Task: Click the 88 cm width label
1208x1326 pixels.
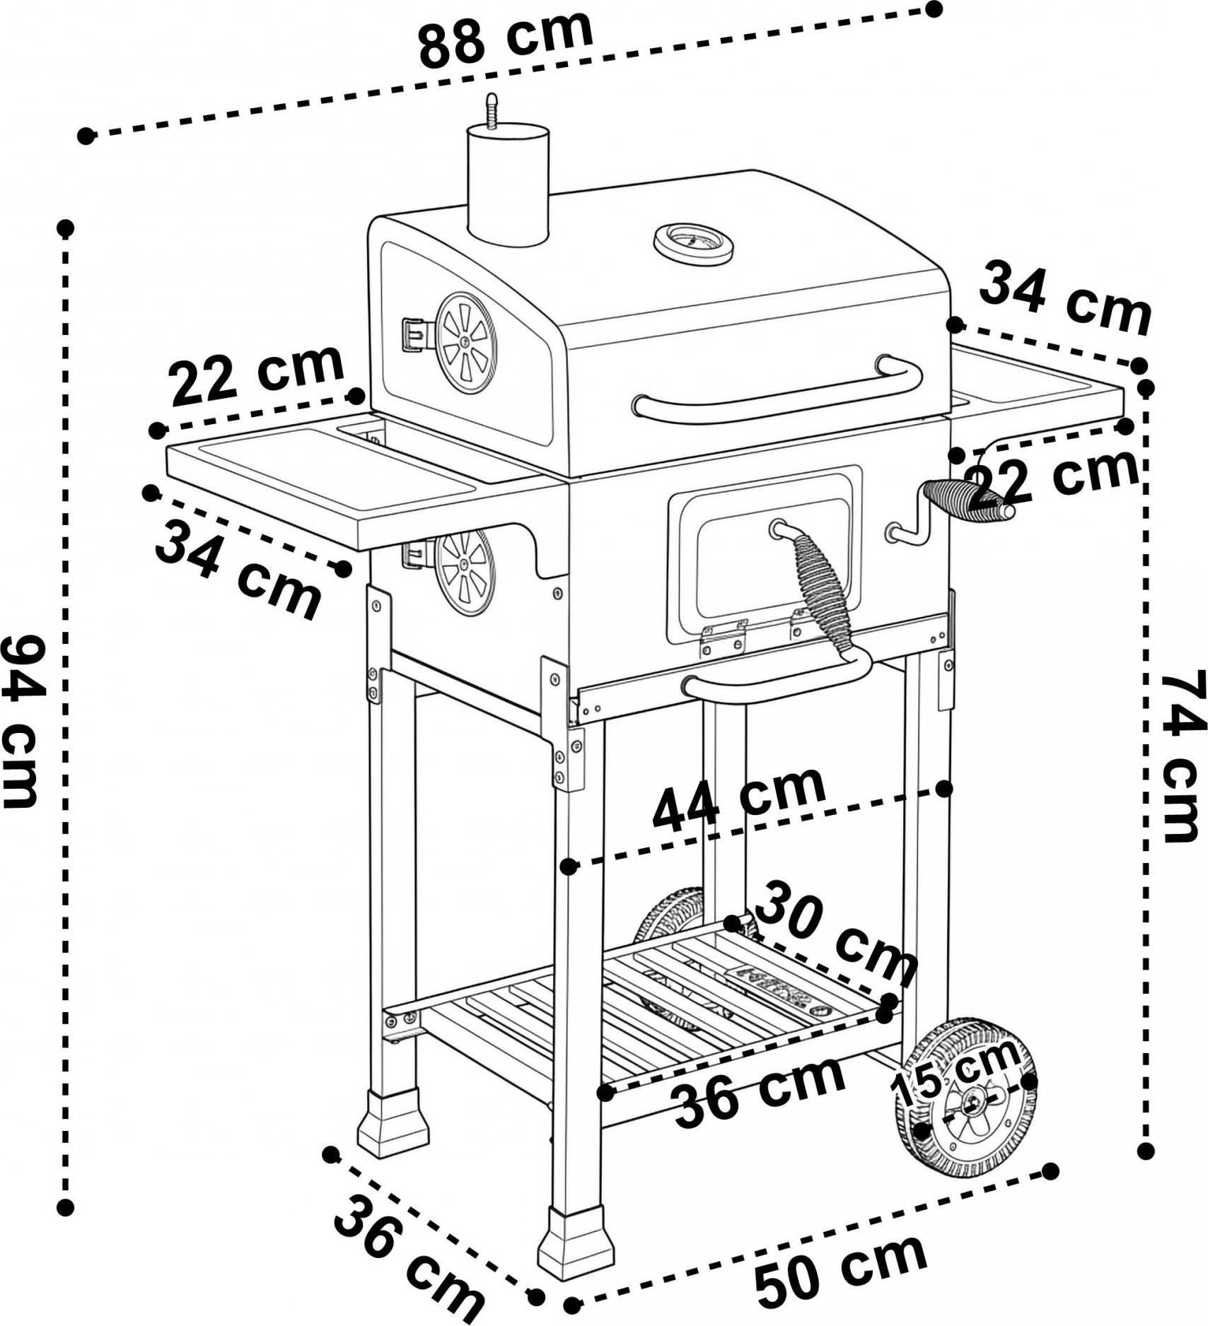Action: click(505, 37)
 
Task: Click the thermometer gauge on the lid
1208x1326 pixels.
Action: click(693, 243)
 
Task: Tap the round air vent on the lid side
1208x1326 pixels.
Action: click(465, 343)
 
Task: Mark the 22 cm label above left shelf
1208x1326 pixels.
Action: click(258, 375)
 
